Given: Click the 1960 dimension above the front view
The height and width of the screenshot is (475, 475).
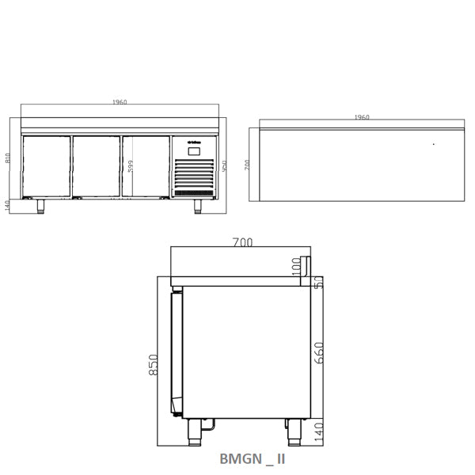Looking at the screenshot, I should pos(120,102).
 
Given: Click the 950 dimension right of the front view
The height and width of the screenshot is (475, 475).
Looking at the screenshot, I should pos(224,168).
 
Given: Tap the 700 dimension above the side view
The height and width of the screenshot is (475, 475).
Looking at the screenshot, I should pos(243,243).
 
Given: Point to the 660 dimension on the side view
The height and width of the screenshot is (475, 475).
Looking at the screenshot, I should pos(318,351).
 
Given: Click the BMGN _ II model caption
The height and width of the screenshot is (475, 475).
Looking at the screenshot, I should pos(251,458).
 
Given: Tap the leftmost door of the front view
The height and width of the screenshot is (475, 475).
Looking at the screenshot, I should pos(46,166).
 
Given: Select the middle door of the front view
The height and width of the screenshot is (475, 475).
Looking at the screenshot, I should pos(96,166).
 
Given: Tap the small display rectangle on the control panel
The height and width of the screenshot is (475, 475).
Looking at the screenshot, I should pos(194,150).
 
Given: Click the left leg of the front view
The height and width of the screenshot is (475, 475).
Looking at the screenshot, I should pos(39,206).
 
